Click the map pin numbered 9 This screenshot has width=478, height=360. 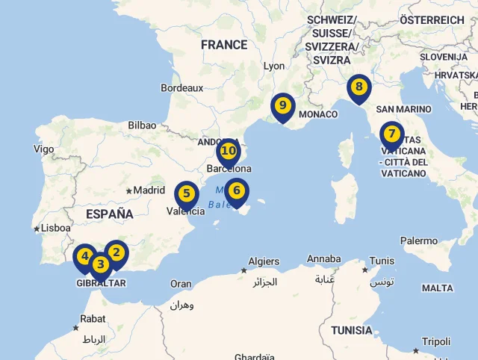pos(282,106)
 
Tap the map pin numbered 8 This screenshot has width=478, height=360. pos(359,87)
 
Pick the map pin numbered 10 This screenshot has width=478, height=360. pos(229,152)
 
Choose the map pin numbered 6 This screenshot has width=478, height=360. pos(237,190)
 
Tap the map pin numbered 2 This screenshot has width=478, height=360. pos(117,252)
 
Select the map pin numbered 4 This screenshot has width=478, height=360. pos(84,257)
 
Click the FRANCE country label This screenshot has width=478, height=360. pos(224,45)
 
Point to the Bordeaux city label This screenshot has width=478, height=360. pos(181,87)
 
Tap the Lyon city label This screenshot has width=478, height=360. pos(274,66)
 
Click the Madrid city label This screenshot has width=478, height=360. pos(149,190)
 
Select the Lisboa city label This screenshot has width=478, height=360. pos(56,229)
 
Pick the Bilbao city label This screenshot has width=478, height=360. pos(142,125)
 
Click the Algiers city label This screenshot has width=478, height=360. pos(264,261)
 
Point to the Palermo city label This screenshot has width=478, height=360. pos(418,240)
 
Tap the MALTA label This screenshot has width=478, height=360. pos(437,288)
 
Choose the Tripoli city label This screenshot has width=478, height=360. pos(436,341)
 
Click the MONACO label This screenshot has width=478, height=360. pos(318,114)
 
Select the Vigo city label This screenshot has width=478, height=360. pos(43,149)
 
